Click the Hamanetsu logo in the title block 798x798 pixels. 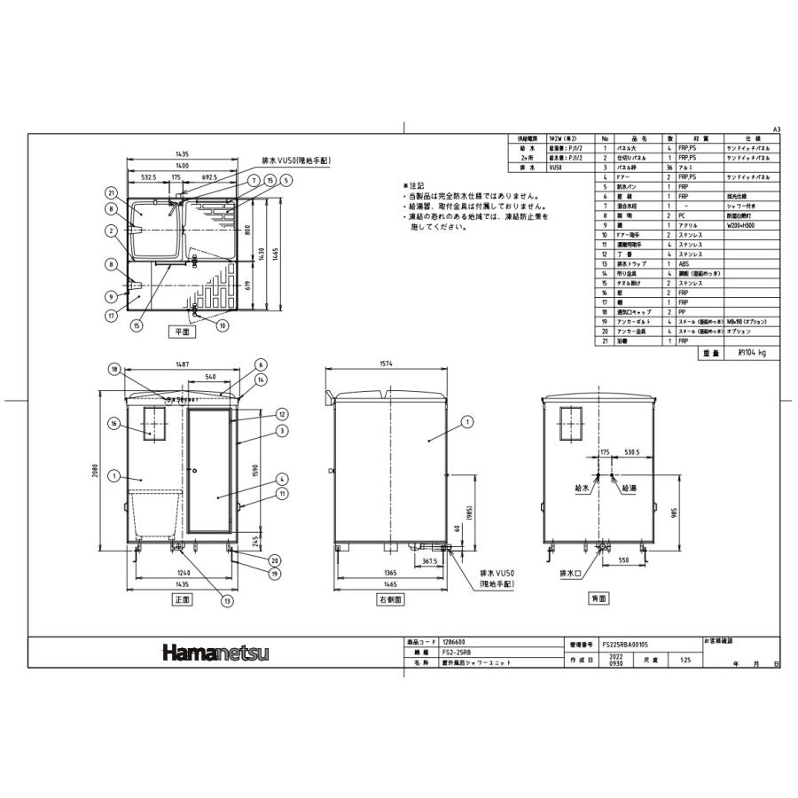(x=215, y=653)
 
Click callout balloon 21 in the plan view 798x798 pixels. (x=112, y=192)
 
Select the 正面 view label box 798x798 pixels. (x=183, y=599)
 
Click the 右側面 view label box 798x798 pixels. (x=391, y=599)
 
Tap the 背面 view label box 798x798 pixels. (x=599, y=599)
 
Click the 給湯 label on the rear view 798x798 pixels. (x=629, y=489)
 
